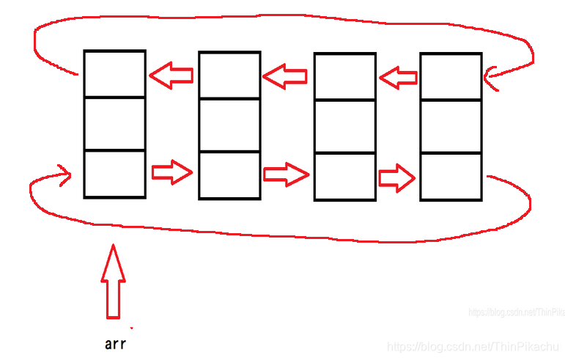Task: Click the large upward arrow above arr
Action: pos(113,282)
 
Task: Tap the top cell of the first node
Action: pos(114,73)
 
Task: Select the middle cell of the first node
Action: pos(114,123)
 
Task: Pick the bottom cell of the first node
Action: pos(114,173)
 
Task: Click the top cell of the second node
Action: pos(229,75)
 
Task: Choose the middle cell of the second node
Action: pos(229,125)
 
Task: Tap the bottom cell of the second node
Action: pos(229,175)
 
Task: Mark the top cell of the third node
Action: pos(344,76)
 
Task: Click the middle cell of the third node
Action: pos(344,126)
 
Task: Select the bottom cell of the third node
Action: pos(344,176)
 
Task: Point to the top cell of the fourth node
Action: pos(451,76)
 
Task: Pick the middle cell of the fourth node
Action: pos(451,126)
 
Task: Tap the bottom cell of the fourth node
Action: pos(451,176)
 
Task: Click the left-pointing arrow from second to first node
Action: pos(171,75)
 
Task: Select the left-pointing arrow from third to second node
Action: pos(285,76)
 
